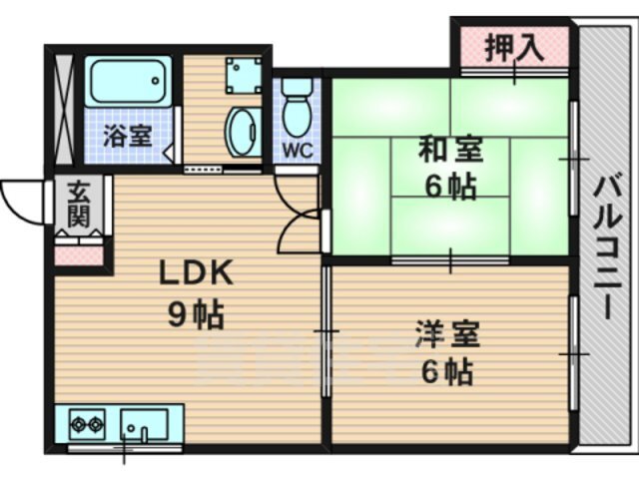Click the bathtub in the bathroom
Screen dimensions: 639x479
coord(129,81)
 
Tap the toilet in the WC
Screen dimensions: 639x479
coord(298,107)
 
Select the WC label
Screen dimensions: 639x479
coord(299,151)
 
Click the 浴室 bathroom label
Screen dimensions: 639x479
coord(127,136)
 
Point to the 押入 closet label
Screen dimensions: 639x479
coord(514,47)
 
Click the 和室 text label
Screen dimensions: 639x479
coord(450,150)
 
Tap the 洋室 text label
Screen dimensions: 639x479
coord(447,335)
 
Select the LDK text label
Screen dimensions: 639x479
coord(196,272)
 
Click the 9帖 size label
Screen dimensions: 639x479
coord(196,313)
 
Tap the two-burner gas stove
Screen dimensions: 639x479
coord(87,424)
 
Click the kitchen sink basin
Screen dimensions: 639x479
coord(144,424)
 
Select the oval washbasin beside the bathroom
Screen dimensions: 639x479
coord(243,132)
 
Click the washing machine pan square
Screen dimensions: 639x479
coord(244,75)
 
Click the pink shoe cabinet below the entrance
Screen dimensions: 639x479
coord(79,255)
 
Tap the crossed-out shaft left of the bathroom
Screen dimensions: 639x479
coord(64,109)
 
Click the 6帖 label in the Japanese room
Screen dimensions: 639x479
coord(450,187)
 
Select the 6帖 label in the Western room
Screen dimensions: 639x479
coord(447,371)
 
